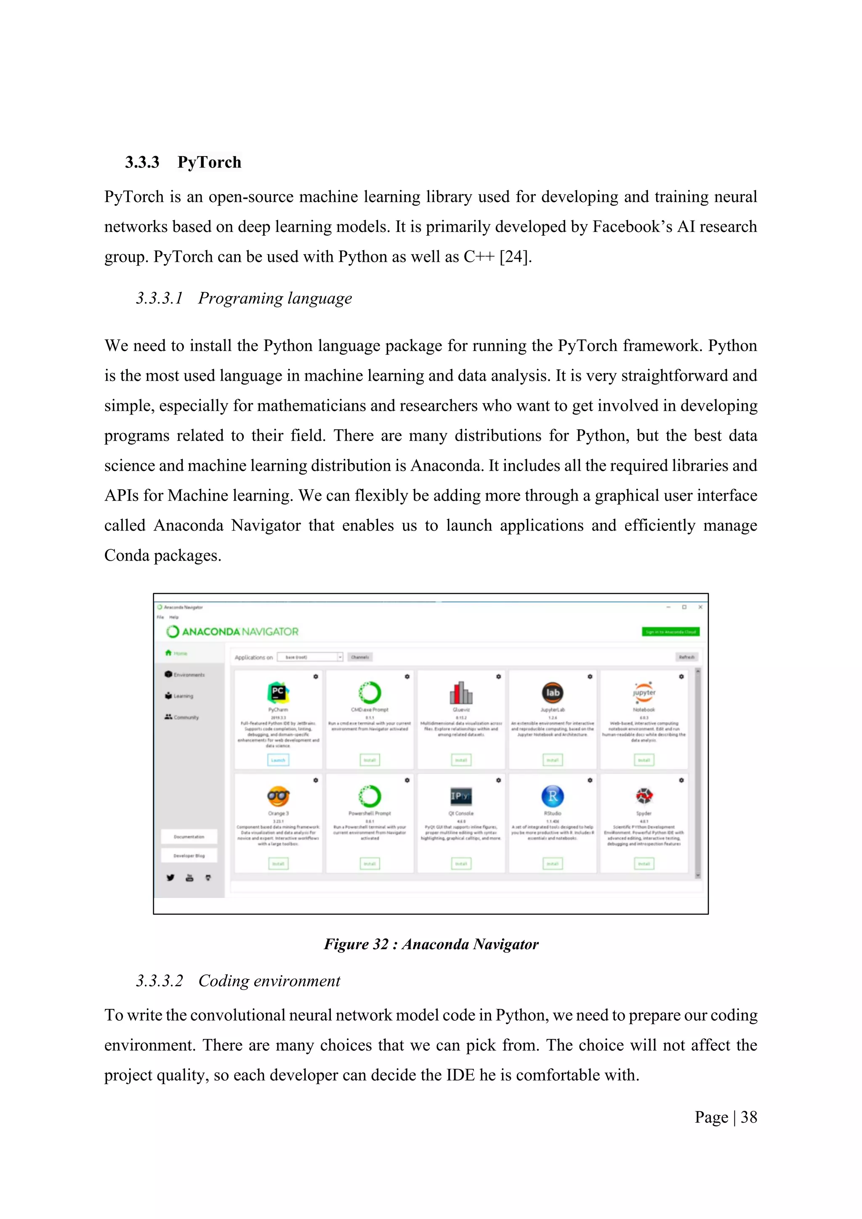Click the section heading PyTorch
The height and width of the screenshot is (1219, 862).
(x=209, y=162)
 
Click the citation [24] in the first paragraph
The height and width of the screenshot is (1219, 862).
(x=514, y=257)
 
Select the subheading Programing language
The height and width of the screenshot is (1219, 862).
(x=274, y=298)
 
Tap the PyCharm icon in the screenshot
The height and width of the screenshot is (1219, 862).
(x=278, y=692)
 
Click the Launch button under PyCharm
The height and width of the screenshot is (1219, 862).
(x=278, y=760)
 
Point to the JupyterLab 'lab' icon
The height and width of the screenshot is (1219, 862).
(x=553, y=692)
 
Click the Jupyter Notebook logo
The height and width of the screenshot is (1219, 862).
(x=644, y=692)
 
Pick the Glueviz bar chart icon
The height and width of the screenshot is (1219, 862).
(x=461, y=692)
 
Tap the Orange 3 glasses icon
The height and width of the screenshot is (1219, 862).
(x=278, y=796)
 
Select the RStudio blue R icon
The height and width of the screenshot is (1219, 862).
(x=553, y=796)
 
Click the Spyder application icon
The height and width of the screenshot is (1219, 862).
(x=644, y=796)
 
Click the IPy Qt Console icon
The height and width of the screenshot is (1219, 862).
(x=461, y=796)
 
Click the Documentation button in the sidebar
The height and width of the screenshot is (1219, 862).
(x=189, y=837)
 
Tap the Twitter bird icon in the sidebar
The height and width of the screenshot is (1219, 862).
(x=170, y=878)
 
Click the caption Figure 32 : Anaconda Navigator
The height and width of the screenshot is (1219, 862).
(x=431, y=945)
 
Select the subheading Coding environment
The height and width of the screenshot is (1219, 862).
(x=269, y=981)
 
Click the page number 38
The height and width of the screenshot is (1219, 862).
(x=748, y=1118)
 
